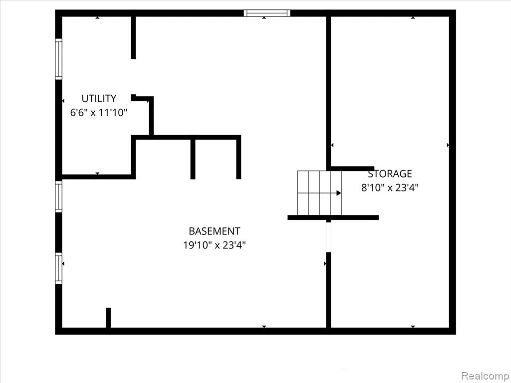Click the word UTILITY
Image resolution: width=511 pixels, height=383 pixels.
click(x=99, y=98)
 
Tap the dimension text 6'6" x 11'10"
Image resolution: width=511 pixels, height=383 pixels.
click(x=99, y=113)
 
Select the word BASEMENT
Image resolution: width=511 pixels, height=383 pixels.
click(x=215, y=231)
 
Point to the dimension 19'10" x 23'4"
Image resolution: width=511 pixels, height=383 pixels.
click(x=215, y=245)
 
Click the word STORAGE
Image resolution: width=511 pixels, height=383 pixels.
click(x=390, y=174)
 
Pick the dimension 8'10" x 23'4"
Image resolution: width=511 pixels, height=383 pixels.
click(x=390, y=188)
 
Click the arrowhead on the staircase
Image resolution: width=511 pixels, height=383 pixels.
click(x=339, y=193)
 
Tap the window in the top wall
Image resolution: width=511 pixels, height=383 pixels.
click(x=267, y=13)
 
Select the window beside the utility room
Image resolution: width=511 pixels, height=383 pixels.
click(x=59, y=59)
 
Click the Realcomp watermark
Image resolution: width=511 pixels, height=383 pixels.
click(x=485, y=376)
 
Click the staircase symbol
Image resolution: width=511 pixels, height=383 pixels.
click(x=319, y=193)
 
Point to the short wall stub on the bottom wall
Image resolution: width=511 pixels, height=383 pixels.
click(x=108, y=318)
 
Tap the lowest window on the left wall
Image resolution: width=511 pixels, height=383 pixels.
click(x=59, y=268)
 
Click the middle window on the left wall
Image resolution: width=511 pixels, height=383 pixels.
click(x=59, y=196)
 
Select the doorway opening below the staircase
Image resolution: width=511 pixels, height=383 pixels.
click(x=328, y=237)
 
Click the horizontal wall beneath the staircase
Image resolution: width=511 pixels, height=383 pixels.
click(x=333, y=217)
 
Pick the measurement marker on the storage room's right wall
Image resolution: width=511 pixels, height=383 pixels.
click(x=448, y=145)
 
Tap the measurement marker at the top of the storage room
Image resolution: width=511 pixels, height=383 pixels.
click(x=413, y=17)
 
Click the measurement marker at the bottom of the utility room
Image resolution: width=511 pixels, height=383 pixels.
click(x=97, y=173)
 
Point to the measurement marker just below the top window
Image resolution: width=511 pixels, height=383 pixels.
click(x=264, y=17)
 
